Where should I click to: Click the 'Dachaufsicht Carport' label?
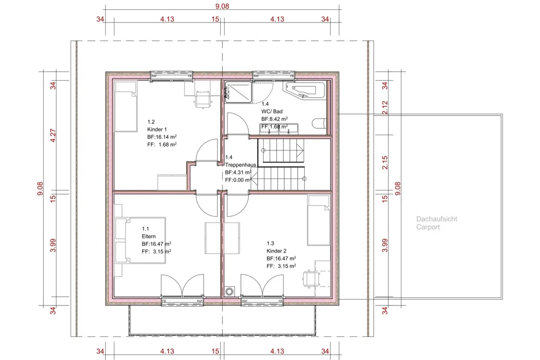(x=436, y=223)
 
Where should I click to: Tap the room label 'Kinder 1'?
(x=157, y=129)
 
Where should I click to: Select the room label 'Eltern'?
(x=148, y=236)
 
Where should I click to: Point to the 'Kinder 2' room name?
(x=276, y=251)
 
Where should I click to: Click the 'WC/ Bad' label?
(x=272, y=111)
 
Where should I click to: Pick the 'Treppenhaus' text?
(x=240, y=165)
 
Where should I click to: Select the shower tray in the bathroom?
(x=238, y=92)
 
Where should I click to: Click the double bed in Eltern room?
(x=140, y=240)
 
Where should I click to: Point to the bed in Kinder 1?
(x=125, y=107)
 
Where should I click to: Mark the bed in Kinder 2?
(x=318, y=220)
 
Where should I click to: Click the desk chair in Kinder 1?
(x=203, y=99)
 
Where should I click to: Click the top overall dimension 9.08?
(x=222, y=6)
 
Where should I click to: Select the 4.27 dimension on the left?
(x=53, y=135)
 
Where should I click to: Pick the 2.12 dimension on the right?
(x=385, y=108)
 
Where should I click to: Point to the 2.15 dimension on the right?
(x=385, y=162)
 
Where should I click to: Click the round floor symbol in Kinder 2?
(x=229, y=291)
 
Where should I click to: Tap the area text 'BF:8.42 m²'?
(x=274, y=119)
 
